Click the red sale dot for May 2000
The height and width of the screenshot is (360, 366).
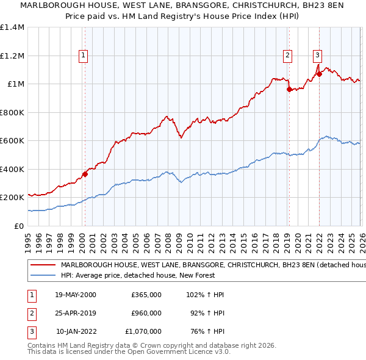click(85, 174)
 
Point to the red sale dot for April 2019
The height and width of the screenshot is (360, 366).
click(289, 89)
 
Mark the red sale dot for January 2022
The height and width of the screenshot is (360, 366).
click(318, 74)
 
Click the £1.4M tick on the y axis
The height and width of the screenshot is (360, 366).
click(12, 27)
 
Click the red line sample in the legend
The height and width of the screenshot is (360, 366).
click(43, 265)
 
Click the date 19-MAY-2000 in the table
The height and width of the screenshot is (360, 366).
click(76, 295)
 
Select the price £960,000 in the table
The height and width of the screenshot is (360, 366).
click(146, 313)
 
